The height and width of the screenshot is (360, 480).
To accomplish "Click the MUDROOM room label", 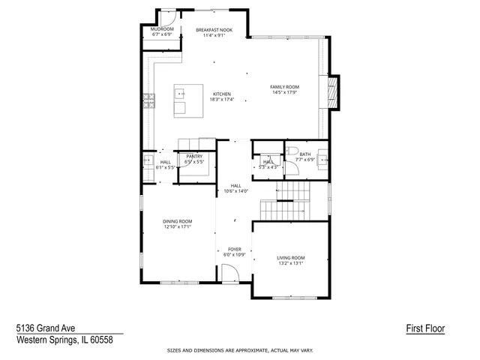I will pos(162,29).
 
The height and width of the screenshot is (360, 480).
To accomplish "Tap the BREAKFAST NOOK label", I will pos(214,29).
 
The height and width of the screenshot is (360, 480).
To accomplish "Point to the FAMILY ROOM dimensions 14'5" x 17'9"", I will pos(284,92).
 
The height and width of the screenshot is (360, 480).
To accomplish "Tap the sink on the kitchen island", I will pos(181,94).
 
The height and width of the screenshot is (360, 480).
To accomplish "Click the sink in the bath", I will pos(322,159).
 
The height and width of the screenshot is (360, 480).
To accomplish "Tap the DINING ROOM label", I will pos(178,220).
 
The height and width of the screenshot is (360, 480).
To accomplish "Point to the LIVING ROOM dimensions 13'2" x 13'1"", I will pos(291,263).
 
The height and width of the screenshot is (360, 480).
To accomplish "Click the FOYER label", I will pos(235,248).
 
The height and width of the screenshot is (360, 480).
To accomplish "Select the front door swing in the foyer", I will pos(231,274).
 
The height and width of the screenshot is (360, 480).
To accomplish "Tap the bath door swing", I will pos(292,168).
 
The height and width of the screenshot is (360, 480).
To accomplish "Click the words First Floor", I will pos(421,328).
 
